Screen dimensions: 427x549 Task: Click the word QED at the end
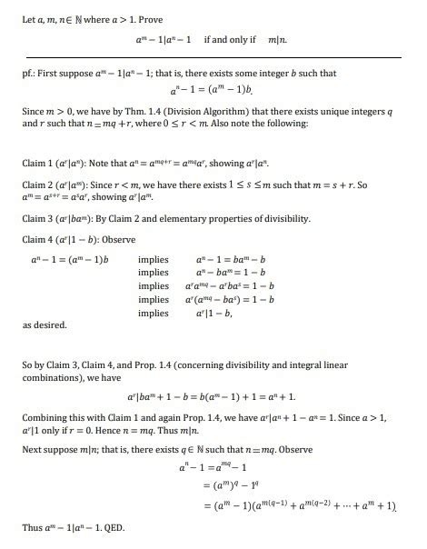coord(113,528)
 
